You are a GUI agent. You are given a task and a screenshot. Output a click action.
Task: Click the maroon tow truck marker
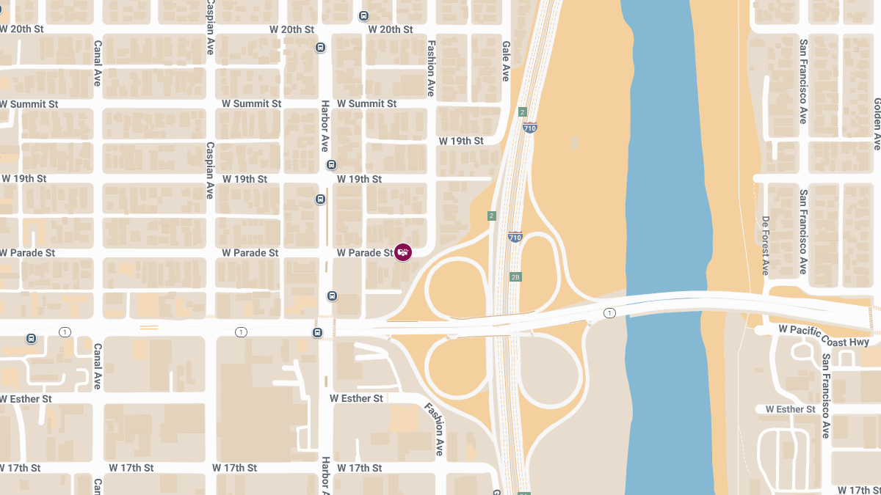click(x=403, y=252)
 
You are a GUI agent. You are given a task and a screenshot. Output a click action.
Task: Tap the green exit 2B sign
click(x=515, y=277)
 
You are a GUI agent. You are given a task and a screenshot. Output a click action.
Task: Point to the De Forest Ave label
click(x=765, y=246)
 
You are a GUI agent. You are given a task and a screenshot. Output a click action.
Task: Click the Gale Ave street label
click(x=506, y=61)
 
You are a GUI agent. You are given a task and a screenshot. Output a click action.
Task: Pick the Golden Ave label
click(x=877, y=124)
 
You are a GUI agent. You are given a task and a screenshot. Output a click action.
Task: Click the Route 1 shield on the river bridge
click(x=609, y=313)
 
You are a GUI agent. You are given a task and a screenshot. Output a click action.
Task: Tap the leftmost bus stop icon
click(x=31, y=338)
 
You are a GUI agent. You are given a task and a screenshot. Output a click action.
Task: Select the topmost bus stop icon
click(x=363, y=15)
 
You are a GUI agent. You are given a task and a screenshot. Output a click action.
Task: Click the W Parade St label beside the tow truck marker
click(x=365, y=253)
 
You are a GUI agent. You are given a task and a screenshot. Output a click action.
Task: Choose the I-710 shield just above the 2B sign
click(x=515, y=238)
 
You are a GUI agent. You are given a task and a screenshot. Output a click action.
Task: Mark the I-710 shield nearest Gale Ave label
click(x=529, y=127)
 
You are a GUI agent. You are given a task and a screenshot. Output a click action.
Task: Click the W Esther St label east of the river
click(x=790, y=409)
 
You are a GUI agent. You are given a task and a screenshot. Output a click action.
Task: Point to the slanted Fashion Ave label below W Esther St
click(x=435, y=428)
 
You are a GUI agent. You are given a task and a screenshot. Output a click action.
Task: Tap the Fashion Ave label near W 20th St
click(x=431, y=68)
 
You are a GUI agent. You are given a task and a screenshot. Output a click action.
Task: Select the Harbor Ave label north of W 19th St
click(x=324, y=126)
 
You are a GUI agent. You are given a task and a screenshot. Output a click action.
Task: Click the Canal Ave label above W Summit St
click(x=97, y=63)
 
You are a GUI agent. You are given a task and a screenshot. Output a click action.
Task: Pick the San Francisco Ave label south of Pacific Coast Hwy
click(x=826, y=396)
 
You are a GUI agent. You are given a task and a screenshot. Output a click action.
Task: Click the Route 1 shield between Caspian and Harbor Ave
click(x=241, y=332)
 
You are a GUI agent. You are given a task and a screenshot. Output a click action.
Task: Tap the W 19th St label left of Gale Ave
click(x=461, y=141)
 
